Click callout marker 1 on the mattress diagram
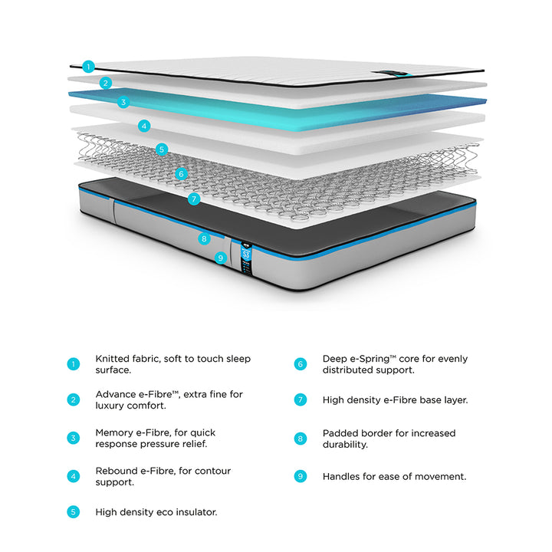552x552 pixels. (88, 67)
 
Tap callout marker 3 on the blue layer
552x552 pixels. (123, 101)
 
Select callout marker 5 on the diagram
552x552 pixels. (161, 149)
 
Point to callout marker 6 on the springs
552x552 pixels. (181, 174)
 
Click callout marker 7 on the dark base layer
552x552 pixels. (194, 199)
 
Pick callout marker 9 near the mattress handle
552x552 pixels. (220, 258)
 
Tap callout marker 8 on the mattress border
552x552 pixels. (203, 238)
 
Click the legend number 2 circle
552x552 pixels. (73, 399)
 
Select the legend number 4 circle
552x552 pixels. (73, 476)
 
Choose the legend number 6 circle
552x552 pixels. (301, 364)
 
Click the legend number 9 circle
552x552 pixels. (301, 476)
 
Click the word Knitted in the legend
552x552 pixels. (113, 358)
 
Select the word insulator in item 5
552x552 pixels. (193, 511)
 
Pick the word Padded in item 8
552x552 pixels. (340, 432)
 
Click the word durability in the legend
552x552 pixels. (345, 445)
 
